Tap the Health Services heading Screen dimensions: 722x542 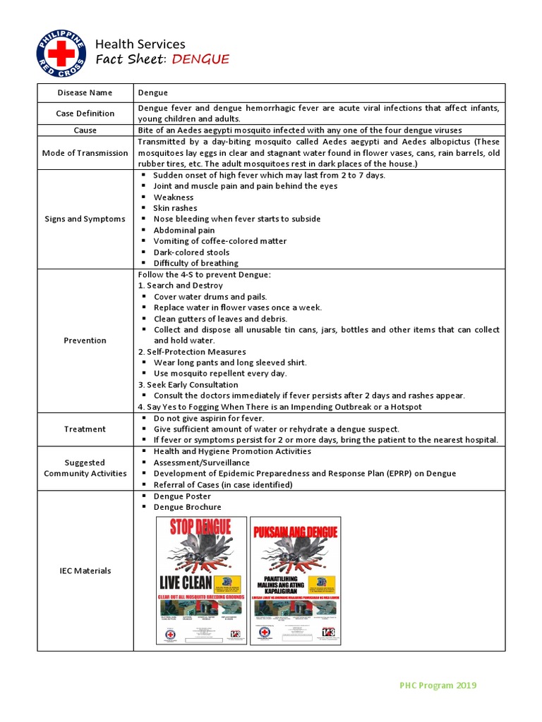[140, 44]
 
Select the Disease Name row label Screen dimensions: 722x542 [85, 92]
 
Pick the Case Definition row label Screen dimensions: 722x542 [85, 114]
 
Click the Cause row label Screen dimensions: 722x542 [85, 130]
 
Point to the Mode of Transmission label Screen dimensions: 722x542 [85, 153]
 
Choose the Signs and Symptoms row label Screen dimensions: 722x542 [85, 219]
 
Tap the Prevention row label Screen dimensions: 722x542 [85, 341]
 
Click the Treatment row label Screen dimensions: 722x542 [85, 429]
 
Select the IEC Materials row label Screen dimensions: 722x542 [85, 570]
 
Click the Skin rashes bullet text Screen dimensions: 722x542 [175, 208]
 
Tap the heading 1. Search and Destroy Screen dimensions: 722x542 [180, 286]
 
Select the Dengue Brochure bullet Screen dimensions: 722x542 [187, 507]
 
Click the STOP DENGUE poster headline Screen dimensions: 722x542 [201, 529]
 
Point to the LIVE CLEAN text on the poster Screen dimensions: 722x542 [186, 582]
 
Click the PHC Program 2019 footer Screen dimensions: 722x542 [438, 685]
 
